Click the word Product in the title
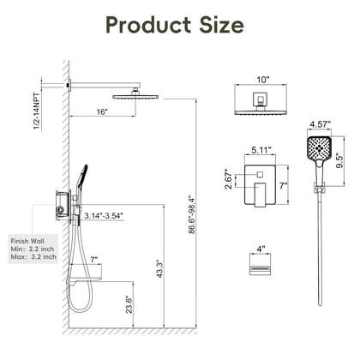pos(148,25)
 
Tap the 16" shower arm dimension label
pos(102,111)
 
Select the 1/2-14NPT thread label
pos(37,111)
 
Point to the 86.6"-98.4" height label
pos(192,214)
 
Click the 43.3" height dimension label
pos(159,268)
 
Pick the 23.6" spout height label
pos(129,305)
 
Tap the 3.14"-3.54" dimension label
pos(104,216)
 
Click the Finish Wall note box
pos(33,249)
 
